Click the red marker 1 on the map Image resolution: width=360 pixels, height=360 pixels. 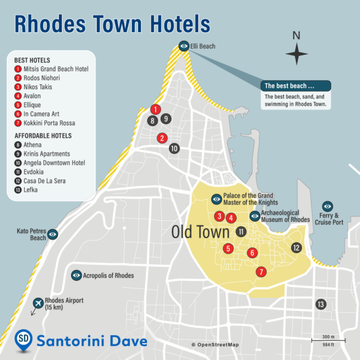[x=155, y=109]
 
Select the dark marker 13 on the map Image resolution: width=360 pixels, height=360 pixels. [x=320, y=304]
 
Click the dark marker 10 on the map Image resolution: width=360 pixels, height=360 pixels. [x=174, y=148]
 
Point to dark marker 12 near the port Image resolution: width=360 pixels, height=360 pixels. [x=296, y=247]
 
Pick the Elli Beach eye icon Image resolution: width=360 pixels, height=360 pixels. [x=183, y=46]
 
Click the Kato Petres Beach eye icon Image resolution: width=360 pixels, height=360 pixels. [x=52, y=234]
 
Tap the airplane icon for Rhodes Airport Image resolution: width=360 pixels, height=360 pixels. [x=38, y=303]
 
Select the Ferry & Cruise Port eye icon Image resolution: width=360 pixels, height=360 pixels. [x=327, y=206]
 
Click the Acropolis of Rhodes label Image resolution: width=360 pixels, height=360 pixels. [x=108, y=276]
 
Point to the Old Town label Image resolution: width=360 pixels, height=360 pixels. [x=201, y=232]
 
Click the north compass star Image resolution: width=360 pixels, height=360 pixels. [x=297, y=54]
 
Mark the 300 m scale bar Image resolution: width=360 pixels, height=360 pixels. [x=328, y=340]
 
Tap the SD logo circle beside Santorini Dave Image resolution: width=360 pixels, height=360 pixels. [x=23, y=340]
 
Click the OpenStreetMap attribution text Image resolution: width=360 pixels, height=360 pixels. [x=215, y=345]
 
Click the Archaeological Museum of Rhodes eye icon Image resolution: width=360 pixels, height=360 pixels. [x=254, y=216]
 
